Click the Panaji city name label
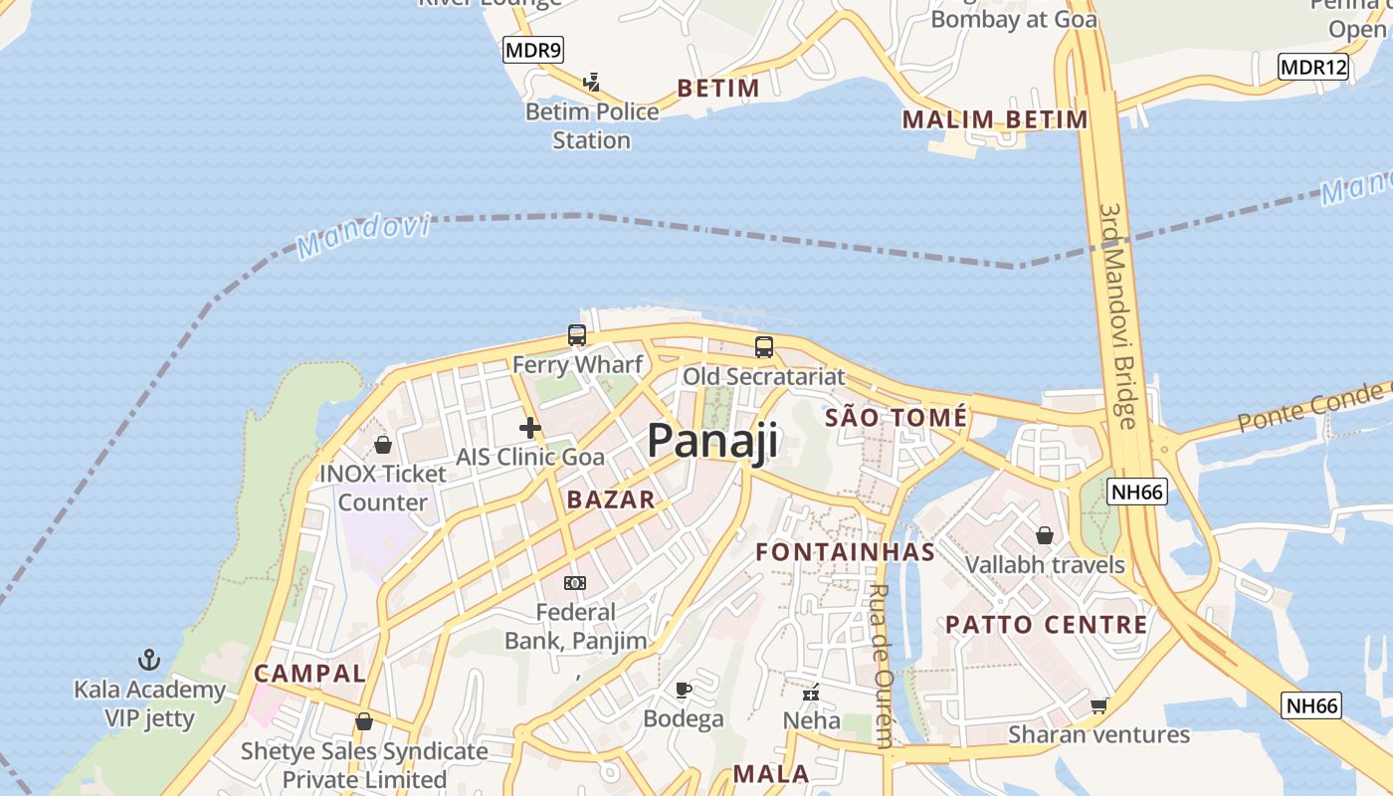712,441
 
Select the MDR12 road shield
1312,68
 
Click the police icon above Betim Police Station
592,82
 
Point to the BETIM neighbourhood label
718,89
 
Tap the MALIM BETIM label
995,120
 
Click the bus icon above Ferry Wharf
577,335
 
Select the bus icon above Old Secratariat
763,347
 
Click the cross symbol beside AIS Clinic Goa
530,429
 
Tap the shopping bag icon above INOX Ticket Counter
383,445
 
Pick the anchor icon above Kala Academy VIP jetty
149,660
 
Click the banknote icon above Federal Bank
575,583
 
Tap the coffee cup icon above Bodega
684,690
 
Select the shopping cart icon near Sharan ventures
1098,705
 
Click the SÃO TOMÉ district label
895,418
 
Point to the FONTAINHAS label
846,552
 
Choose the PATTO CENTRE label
1047,625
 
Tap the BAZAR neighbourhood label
611,499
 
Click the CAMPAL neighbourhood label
310,674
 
